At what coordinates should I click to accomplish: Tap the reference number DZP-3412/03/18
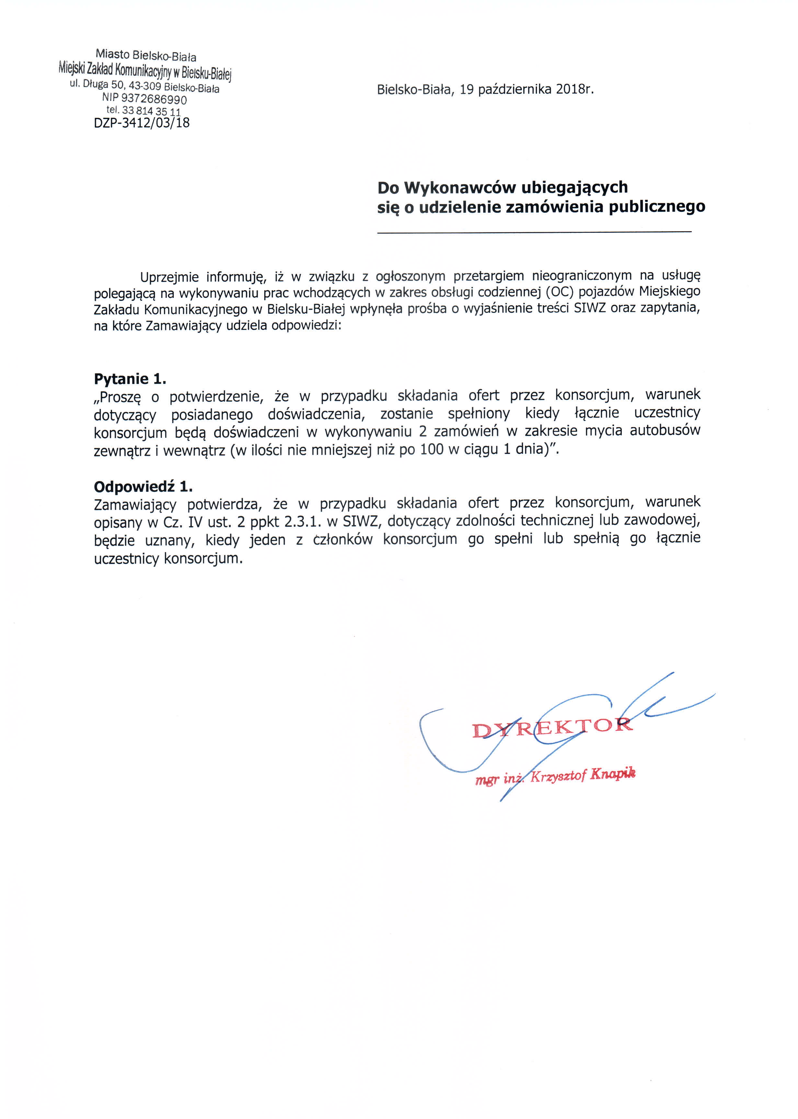(x=142, y=123)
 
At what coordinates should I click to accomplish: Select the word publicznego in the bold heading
(x=657, y=207)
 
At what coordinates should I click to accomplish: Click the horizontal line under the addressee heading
(x=534, y=232)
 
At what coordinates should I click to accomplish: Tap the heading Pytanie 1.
(x=130, y=379)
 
